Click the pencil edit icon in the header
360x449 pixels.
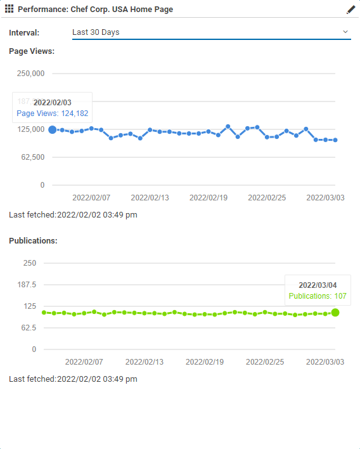[x=351, y=10]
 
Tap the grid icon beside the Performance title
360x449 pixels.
[x=10, y=9]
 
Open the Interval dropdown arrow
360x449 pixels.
[x=345, y=32]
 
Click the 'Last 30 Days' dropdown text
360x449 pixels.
[x=96, y=32]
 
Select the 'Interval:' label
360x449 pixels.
[x=24, y=32]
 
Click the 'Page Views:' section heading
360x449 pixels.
[x=32, y=51]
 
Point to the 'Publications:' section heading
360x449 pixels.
[x=33, y=241]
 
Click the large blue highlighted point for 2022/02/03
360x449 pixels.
[x=53, y=129]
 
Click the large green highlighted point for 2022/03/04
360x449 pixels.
[x=335, y=312]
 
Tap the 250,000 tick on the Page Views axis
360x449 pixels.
[x=31, y=74]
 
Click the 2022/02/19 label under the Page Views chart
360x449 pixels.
[x=209, y=198]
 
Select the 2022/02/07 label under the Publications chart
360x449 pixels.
[x=84, y=362]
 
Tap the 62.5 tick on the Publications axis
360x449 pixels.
[x=29, y=328]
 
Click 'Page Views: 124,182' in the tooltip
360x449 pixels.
[x=53, y=114]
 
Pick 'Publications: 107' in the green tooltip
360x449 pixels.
[x=318, y=296]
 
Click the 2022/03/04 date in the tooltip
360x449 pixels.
[x=318, y=285]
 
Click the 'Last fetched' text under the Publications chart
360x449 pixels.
[x=73, y=379]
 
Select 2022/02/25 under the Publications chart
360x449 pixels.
[x=265, y=362]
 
